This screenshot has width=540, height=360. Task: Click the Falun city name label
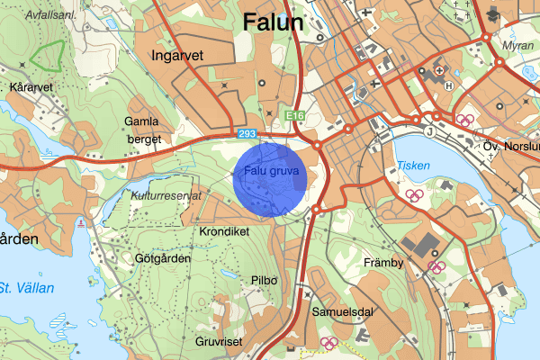[274, 22]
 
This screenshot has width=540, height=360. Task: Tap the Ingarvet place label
[178, 56]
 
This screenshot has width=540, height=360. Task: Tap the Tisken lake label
[413, 166]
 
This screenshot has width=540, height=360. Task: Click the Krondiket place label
[224, 231]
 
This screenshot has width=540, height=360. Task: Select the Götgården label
[163, 257]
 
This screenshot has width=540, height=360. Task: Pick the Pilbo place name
[265, 280]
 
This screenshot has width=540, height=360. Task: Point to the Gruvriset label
[219, 342]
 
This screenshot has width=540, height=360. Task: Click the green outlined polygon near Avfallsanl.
[48, 56]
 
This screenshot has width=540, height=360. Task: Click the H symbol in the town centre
[448, 86]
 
